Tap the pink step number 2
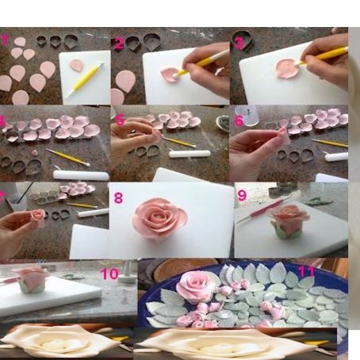tap(119, 44)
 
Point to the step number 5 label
tap(121, 121)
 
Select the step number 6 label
tap(239, 121)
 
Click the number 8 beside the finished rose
tap(119, 197)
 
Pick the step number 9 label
tap(242, 195)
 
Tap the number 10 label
tap(109, 274)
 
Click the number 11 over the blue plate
tap(305, 271)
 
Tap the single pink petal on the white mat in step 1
tap(76, 65)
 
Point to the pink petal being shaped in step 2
tap(169, 75)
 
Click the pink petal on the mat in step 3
tap(287, 69)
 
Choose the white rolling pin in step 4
tap(80, 174)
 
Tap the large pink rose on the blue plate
tap(197, 285)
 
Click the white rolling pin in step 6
tap(335, 156)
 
